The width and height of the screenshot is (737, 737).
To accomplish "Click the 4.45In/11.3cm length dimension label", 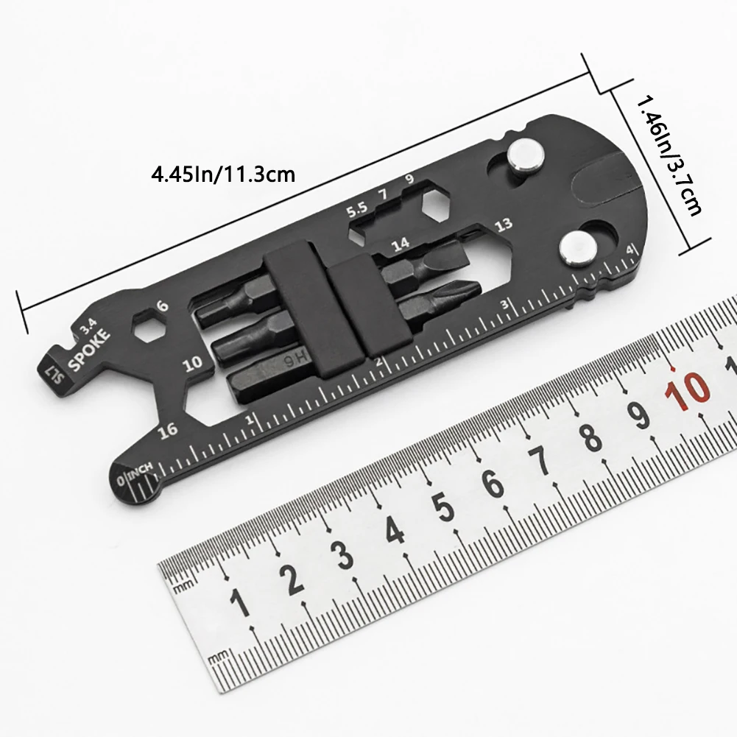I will click(223, 175).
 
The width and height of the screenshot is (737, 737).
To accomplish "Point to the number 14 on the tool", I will click(401, 244).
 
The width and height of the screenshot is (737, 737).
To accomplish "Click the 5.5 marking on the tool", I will click(358, 208).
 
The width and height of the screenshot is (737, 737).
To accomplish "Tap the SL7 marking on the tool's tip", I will click(52, 368).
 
